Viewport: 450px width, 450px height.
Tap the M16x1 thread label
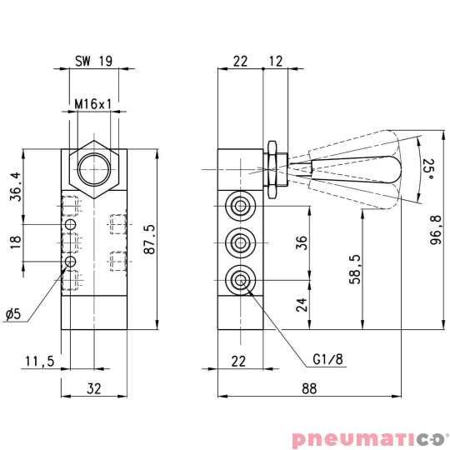pos(92,105)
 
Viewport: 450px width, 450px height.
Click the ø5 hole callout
pos(12,314)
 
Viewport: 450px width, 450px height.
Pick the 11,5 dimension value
pos(39,362)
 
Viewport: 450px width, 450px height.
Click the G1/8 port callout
pos(327,360)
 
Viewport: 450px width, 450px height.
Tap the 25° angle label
pos(427,170)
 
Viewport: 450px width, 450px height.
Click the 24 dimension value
pos(302,305)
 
